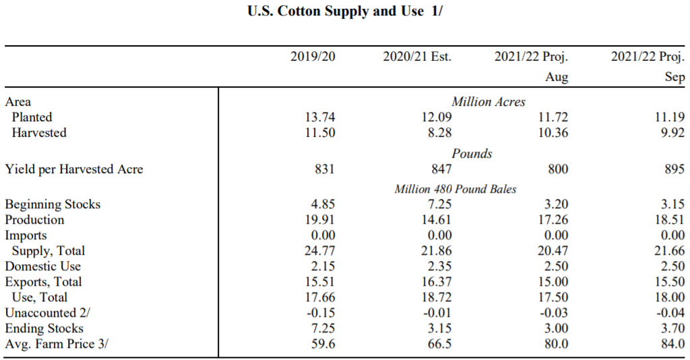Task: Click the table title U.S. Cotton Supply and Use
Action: pos(344,11)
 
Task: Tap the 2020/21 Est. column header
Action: pos(417,57)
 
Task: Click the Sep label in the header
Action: pos(675,77)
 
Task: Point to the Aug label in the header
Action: pos(557,77)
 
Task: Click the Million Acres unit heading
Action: pos(489,102)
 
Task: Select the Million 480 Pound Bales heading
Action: pos(456,189)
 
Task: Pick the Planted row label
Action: pos(32,117)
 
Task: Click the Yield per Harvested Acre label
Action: pos(74,169)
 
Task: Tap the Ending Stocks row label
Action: pos(44,329)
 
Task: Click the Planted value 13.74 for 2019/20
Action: pos(320,117)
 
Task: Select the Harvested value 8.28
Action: pos(439,133)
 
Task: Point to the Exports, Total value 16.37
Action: pos(435,282)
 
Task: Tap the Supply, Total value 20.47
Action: pos(553,251)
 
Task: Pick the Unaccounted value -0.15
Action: pos(318,313)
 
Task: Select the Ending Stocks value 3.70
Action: pos(672,329)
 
